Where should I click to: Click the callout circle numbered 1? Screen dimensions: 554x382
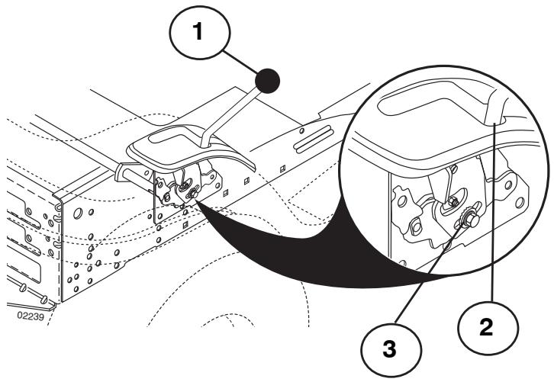[x=200, y=33]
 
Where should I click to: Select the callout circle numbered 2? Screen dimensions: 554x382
[x=488, y=327]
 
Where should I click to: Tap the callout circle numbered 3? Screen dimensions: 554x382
[x=391, y=350]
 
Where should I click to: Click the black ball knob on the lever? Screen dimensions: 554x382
[x=267, y=81]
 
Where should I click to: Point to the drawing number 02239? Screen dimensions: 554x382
[x=31, y=316]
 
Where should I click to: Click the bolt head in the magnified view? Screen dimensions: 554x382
[x=471, y=220]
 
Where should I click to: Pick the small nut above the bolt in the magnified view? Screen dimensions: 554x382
[x=453, y=202]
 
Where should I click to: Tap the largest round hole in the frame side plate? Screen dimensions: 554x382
[x=77, y=213]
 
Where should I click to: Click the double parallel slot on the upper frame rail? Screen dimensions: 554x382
[x=314, y=139]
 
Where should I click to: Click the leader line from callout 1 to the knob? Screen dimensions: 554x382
[x=241, y=63]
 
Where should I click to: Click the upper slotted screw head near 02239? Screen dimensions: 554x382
[x=24, y=287]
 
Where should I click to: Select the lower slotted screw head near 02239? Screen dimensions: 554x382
[x=43, y=300]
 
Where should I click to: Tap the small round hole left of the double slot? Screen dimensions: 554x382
[x=301, y=131]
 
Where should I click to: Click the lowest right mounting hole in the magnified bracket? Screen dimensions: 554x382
[x=520, y=203]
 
